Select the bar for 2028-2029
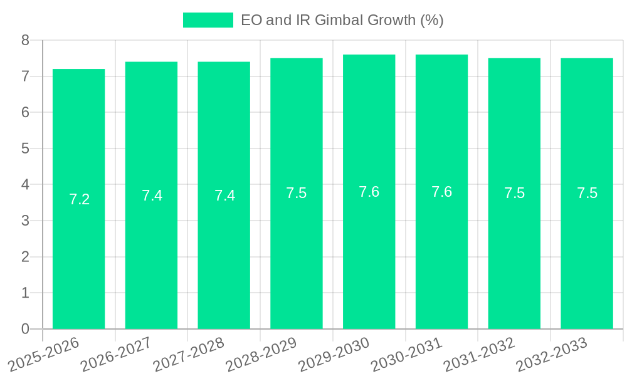pos(297,251)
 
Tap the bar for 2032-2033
pos(587,251)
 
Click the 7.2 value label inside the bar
pos(79,199)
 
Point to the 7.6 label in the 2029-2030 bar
pos(369,192)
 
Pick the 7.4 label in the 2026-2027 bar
pos(152,196)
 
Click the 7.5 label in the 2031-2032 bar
pos(514,194)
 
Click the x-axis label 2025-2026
pos(44,354)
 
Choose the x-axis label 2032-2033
pos(552,354)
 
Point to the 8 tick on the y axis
pos(25,41)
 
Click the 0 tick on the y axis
pos(25,329)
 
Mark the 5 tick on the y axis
pos(25,149)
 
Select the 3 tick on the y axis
pos(25,221)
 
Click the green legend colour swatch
pos(208,20)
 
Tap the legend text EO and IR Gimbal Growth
pos(342,20)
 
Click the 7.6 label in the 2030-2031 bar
pos(441,192)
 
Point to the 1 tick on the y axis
pos(25,293)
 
